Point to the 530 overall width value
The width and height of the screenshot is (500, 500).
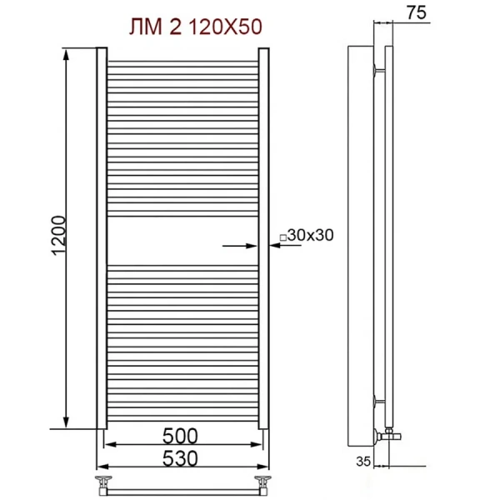coord(181,457)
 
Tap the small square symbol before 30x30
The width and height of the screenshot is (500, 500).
coord(282,237)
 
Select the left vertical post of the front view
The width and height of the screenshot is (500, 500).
coord(102,237)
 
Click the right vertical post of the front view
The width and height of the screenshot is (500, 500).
coord(263,237)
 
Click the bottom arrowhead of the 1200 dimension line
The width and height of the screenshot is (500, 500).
coord(66,422)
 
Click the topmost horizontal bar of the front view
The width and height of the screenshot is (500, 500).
coord(182,62)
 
